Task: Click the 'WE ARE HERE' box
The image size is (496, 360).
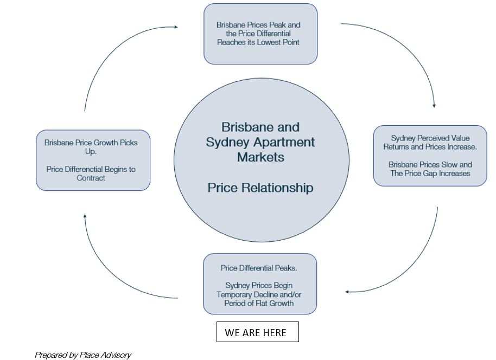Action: pos(257,332)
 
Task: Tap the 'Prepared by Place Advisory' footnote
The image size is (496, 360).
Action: pos(83,355)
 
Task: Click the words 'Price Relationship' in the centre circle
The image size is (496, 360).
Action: pos(260,188)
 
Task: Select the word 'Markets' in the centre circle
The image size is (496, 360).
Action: pos(260,157)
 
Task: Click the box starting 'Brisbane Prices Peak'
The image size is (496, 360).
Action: pos(260,34)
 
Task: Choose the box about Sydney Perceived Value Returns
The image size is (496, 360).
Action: pos(430,156)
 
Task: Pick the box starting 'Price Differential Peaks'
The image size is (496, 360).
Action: pos(259,284)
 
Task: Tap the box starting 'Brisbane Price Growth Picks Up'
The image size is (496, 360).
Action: pos(93,160)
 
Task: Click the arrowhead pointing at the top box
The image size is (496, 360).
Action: pos(175,26)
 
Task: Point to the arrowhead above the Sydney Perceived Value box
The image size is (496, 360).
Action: pos(434,106)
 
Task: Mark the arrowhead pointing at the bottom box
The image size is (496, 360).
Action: pos(347,292)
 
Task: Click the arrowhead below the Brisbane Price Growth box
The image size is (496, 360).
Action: pos(85,216)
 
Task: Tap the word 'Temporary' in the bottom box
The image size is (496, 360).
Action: pos(235,294)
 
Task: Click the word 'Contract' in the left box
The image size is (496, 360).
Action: pos(91,178)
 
